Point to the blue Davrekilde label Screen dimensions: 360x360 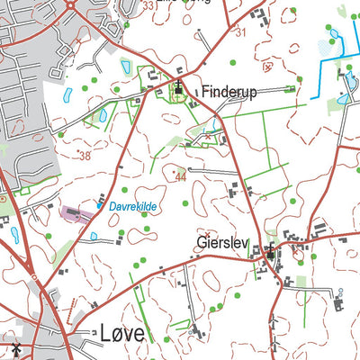[133, 207]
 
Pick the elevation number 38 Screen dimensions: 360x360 [85, 156]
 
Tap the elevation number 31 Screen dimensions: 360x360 [239, 32]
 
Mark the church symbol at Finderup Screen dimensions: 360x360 [178, 89]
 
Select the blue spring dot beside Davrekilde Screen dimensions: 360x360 [99, 206]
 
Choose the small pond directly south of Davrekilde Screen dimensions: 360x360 [94, 236]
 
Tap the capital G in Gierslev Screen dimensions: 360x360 [201, 242]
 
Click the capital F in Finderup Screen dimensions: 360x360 [206, 91]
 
